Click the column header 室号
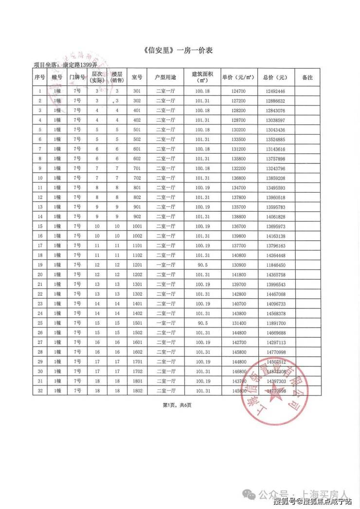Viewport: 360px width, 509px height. coord(137,77)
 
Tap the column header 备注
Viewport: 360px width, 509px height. coord(307,77)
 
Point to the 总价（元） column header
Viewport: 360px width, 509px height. coord(275,77)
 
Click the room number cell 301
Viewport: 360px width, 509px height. coord(137,91)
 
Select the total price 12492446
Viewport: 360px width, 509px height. coord(275,91)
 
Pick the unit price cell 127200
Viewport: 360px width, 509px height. coord(238,101)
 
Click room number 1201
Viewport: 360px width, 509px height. coord(137,265)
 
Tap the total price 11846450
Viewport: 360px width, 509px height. coord(275,265)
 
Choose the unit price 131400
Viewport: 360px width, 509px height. coord(238,323)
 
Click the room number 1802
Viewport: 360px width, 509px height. coord(137,391)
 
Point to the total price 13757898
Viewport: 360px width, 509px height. coord(275,159)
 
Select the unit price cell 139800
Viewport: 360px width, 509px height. coord(238,236)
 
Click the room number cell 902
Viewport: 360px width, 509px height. coord(137,217)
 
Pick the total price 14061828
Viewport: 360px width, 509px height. coord(275,217)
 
